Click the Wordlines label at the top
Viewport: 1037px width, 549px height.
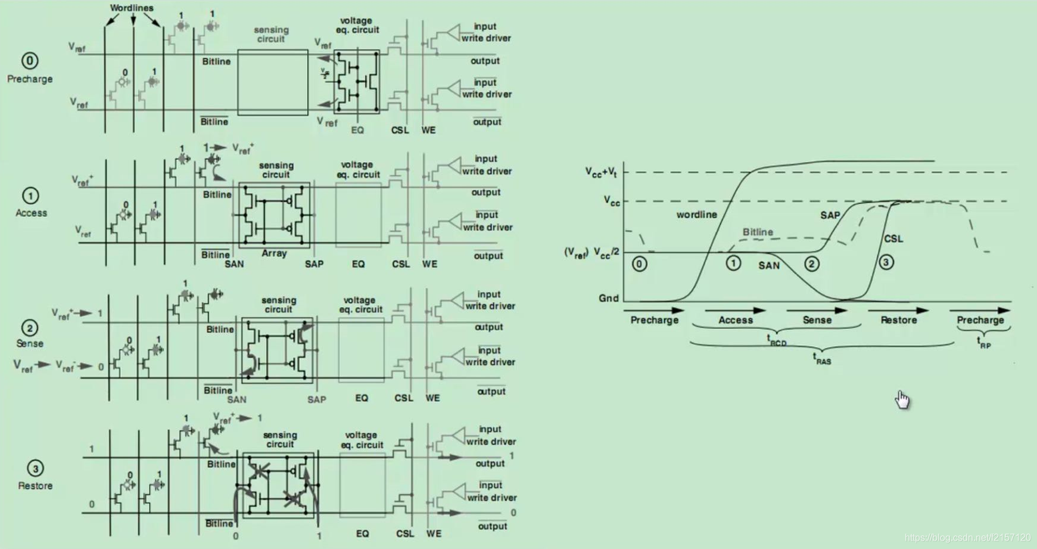tap(132, 8)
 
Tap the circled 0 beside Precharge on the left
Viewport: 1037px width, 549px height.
tap(30, 61)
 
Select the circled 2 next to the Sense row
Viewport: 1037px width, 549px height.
tap(30, 328)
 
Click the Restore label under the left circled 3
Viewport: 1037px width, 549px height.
tap(35, 486)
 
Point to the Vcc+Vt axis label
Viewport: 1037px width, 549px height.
tap(601, 172)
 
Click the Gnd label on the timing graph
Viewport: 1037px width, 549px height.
tap(608, 298)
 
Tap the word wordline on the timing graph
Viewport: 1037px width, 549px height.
tap(696, 215)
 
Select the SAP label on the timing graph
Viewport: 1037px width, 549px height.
tap(830, 215)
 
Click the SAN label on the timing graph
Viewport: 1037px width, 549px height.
tap(768, 266)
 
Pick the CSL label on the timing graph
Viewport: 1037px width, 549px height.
tap(893, 239)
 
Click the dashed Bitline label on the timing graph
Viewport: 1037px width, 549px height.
tap(758, 232)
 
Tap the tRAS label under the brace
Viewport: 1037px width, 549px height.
tap(822, 359)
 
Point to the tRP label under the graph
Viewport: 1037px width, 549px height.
tap(983, 342)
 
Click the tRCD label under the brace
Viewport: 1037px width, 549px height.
tap(776, 341)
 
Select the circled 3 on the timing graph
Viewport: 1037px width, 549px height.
tap(886, 262)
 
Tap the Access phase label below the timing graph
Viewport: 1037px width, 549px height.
tap(736, 320)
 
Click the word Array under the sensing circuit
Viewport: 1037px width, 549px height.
tap(274, 253)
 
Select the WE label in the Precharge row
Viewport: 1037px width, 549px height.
tap(428, 130)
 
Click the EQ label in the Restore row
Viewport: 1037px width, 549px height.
tap(362, 534)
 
